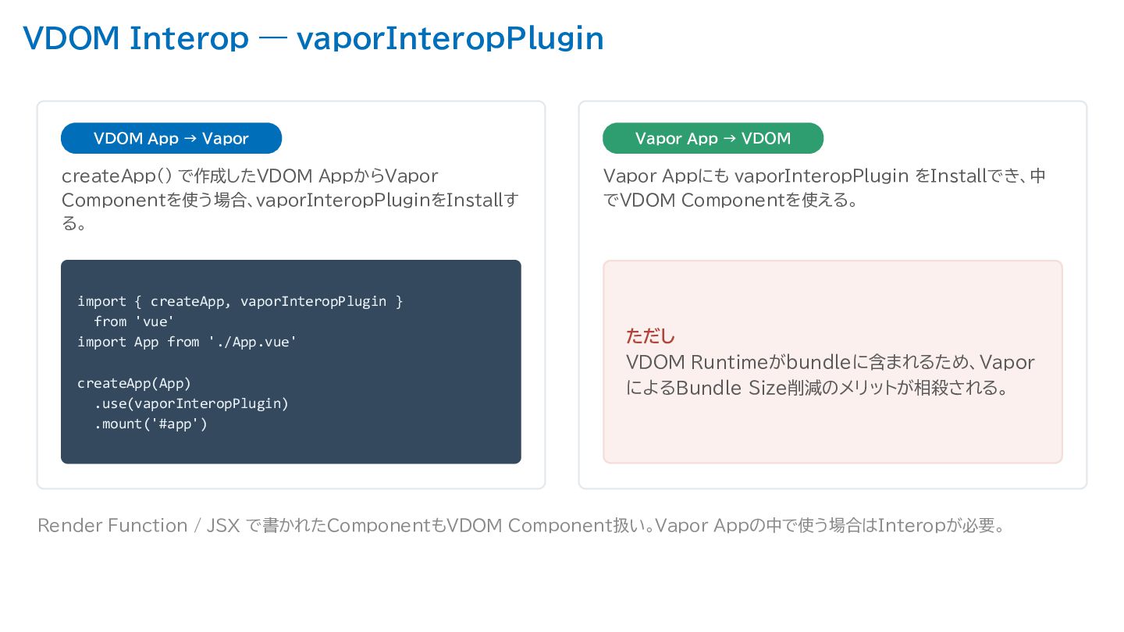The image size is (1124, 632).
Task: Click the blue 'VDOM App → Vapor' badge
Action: click(x=171, y=138)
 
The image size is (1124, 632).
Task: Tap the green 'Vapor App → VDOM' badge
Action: click(x=713, y=138)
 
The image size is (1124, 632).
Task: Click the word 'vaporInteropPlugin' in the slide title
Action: click(x=450, y=39)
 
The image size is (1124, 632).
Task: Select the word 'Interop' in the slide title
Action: click(x=189, y=39)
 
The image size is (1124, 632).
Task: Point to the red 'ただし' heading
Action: click(x=650, y=336)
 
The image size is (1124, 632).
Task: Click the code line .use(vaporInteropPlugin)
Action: click(x=191, y=403)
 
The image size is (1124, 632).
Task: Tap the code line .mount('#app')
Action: click(x=151, y=424)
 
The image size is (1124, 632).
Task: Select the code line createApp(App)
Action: click(x=134, y=383)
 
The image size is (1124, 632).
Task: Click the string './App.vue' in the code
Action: click(x=252, y=342)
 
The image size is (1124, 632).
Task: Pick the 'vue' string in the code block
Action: click(x=155, y=321)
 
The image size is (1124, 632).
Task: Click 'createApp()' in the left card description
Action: click(x=116, y=176)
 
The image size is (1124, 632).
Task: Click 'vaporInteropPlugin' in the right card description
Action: click(x=821, y=176)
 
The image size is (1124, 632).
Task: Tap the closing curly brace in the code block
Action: click(x=399, y=301)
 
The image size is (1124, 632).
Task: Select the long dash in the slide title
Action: click(x=273, y=39)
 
